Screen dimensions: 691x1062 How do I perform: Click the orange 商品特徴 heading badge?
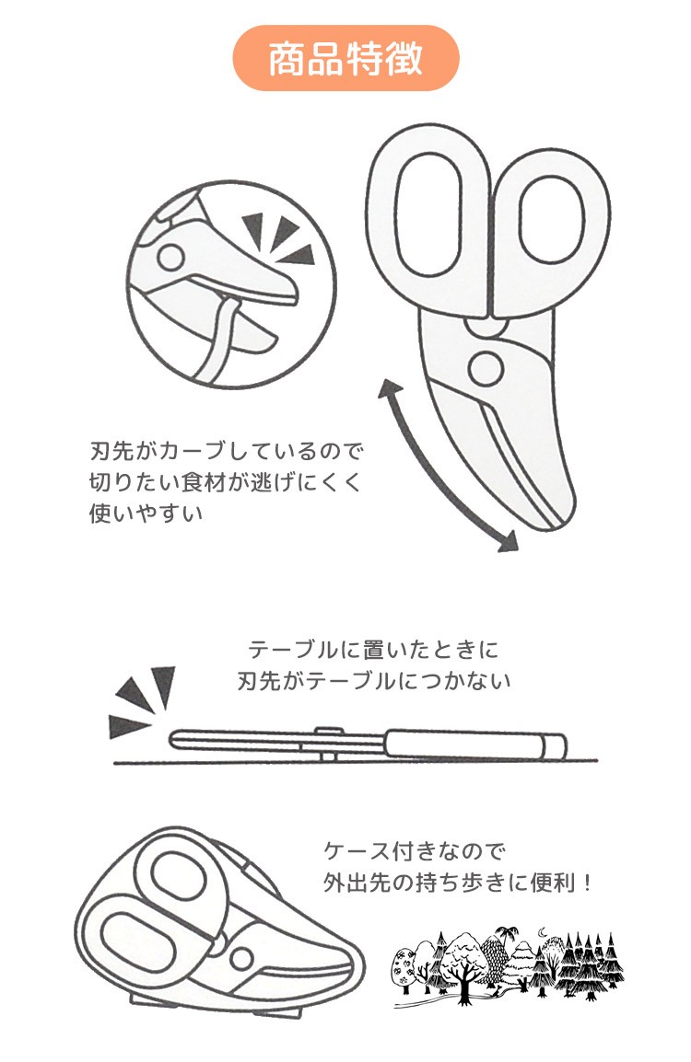pyautogui.click(x=345, y=58)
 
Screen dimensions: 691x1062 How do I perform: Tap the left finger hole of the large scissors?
pyautogui.click(x=430, y=214)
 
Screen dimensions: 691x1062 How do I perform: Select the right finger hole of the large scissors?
pyautogui.click(x=551, y=219)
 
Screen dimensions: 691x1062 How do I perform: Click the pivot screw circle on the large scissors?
pyautogui.click(x=486, y=368)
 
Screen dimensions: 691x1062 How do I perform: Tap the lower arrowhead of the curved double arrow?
pyautogui.click(x=508, y=540)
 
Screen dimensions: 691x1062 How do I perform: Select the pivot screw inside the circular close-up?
pyautogui.click(x=170, y=258)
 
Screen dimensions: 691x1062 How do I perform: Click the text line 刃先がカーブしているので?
pyautogui.click(x=227, y=451)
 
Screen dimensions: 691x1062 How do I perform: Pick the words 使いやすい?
pyautogui.click(x=146, y=513)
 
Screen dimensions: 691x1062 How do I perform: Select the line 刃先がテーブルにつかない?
pyautogui.click(x=374, y=681)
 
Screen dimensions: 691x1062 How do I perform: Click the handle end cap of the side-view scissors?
pyautogui.click(x=554, y=745)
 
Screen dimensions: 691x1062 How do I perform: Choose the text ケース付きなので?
pyautogui.click(x=414, y=850)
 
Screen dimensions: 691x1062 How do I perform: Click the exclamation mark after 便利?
pyautogui.click(x=587, y=883)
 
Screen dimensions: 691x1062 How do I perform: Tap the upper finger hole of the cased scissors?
pyautogui.click(x=182, y=881)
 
